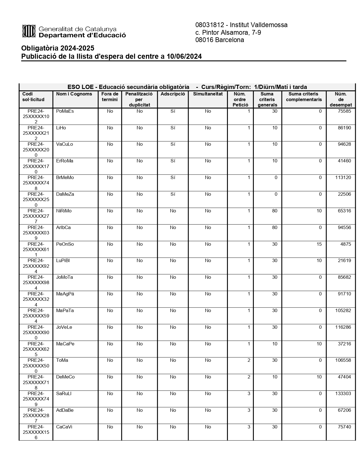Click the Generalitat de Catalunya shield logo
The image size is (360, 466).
[x=29, y=31]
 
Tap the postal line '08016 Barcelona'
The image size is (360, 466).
[x=219, y=40]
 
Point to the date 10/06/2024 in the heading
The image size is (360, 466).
[x=184, y=56]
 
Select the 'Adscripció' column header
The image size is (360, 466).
[x=173, y=94]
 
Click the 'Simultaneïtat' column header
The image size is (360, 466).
[x=208, y=94]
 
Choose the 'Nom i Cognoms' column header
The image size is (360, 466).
[x=74, y=94]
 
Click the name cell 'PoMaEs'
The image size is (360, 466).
[x=65, y=111]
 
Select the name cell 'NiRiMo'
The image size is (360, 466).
[x=64, y=211]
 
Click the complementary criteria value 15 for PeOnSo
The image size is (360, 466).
[x=319, y=244]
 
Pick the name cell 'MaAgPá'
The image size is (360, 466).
[x=65, y=294]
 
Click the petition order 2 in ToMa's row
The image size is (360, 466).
[x=248, y=360]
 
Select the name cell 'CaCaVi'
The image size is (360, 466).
[x=64, y=427]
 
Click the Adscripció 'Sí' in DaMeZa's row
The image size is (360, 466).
[x=173, y=194]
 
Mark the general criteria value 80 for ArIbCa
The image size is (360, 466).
[x=274, y=228]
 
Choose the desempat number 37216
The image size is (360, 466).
[x=344, y=344]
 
